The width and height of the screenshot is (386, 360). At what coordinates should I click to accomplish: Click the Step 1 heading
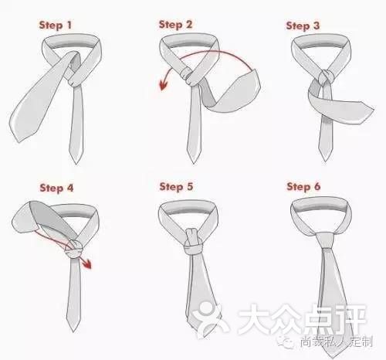[x=56, y=25]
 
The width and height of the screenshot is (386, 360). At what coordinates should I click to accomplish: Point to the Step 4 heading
[x=56, y=187]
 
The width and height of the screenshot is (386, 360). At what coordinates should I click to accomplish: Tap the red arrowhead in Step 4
[x=87, y=266]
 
